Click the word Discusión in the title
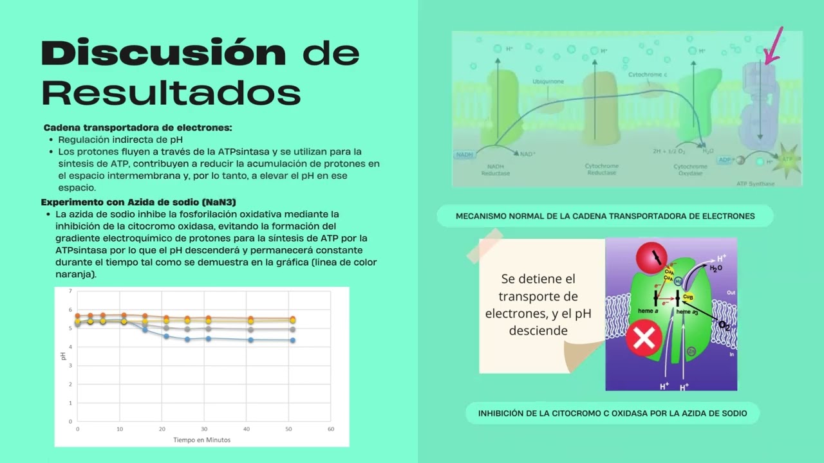click(164, 53)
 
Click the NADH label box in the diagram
click(464, 154)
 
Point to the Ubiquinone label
click(548, 82)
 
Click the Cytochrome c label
click(648, 75)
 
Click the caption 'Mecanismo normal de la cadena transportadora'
click(605, 216)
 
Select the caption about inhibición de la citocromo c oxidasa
click(612, 413)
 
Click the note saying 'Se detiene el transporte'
click(538, 305)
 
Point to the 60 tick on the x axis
click(331, 428)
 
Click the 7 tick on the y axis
click(71, 291)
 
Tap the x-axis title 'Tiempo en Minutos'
click(201, 440)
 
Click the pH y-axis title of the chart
click(63, 356)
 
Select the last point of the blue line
click(292, 340)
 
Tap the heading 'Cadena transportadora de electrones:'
click(138, 127)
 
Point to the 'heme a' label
click(647, 311)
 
